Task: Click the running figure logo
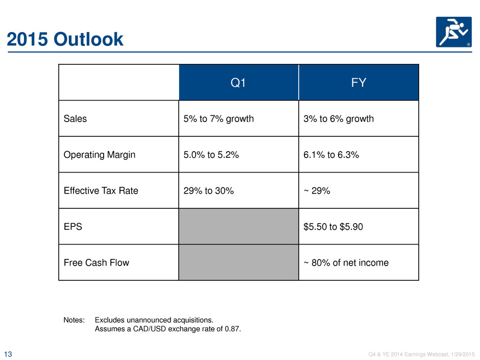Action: point(453,32)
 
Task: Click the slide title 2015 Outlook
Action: point(65,39)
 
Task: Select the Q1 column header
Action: point(238,83)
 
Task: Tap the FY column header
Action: point(358,83)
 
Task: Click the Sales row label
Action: point(75,118)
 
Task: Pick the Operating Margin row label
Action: point(100,155)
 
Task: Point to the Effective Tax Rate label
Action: point(101,190)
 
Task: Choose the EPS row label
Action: point(73,227)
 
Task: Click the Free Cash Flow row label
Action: point(97,262)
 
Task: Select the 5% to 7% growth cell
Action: point(219,118)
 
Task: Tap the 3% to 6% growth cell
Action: point(339,118)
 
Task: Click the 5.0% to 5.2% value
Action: point(211,155)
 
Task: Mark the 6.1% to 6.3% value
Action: point(331,155)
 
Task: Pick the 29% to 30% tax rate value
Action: point(208,190)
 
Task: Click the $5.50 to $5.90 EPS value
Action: point(333,227)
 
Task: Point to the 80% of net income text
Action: point(350,262)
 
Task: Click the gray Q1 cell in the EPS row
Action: point(238,227)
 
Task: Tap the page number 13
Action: point(8,354)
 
